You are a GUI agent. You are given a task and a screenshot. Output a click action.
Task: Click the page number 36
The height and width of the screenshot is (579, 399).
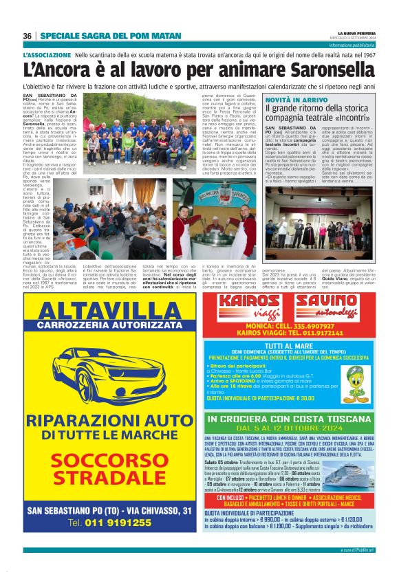(x=28, y=36)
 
